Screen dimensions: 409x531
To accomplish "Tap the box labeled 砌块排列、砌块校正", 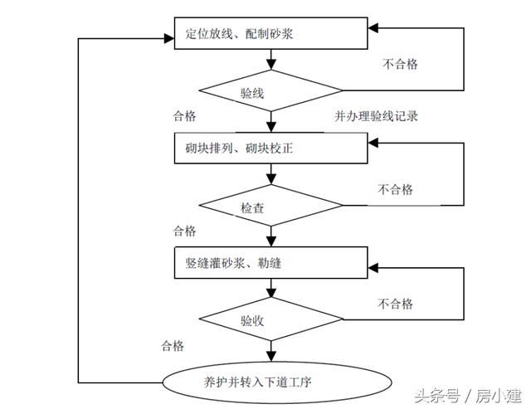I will (x=270, y=149).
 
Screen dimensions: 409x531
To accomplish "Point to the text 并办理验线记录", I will (x=370, y=116).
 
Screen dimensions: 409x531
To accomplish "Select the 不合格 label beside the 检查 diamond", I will (x=395, y=189).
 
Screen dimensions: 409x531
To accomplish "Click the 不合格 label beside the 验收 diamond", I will (x=395, y=303).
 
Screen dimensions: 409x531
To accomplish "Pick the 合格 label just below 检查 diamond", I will (x=184, y=230).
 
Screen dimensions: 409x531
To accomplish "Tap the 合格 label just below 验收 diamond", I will (x=173, y=345).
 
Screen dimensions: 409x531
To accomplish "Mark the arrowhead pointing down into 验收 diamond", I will (x=271, y=294).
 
